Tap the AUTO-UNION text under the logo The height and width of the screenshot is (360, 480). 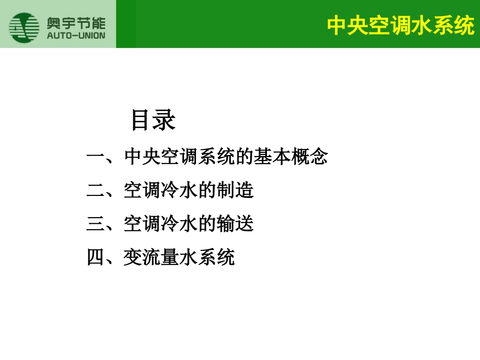[x=76, y=36]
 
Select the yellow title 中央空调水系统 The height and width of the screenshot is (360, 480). [x=401, y=25]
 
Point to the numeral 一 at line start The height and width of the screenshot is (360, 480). [x=96, y=158]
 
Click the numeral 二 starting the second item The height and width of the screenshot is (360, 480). [x=96, y=191]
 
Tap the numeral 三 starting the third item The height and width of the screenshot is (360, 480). [x=96, y=224]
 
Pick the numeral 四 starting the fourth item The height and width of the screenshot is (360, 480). [x=96, y=258]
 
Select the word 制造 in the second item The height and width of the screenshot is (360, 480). [x=235, y=191]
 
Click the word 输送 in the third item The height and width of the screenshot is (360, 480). [x=235, y=224]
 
